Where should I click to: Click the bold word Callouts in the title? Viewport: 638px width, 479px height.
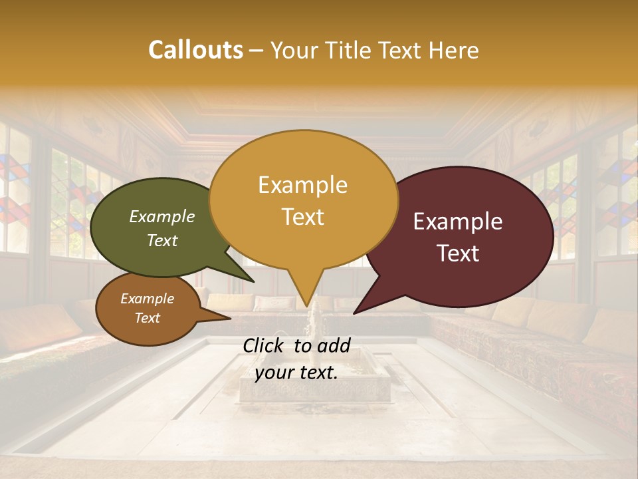(x=195, y=50)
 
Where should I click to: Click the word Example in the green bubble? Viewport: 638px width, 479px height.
(x=162, y=217)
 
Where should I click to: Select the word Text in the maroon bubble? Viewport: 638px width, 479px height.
(x=458, y=253)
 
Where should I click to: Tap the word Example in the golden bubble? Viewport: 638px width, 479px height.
(x=302, y=185)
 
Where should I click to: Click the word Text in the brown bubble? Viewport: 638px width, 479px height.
(x=148, y=318)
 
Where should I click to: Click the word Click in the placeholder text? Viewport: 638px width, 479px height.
(x=265, y=345)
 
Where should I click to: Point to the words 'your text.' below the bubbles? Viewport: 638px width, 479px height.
(x=296, y=373)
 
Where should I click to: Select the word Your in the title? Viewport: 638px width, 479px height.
(x=292, y=51)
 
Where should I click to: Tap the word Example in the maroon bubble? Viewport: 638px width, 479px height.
(x=458, y=222)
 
